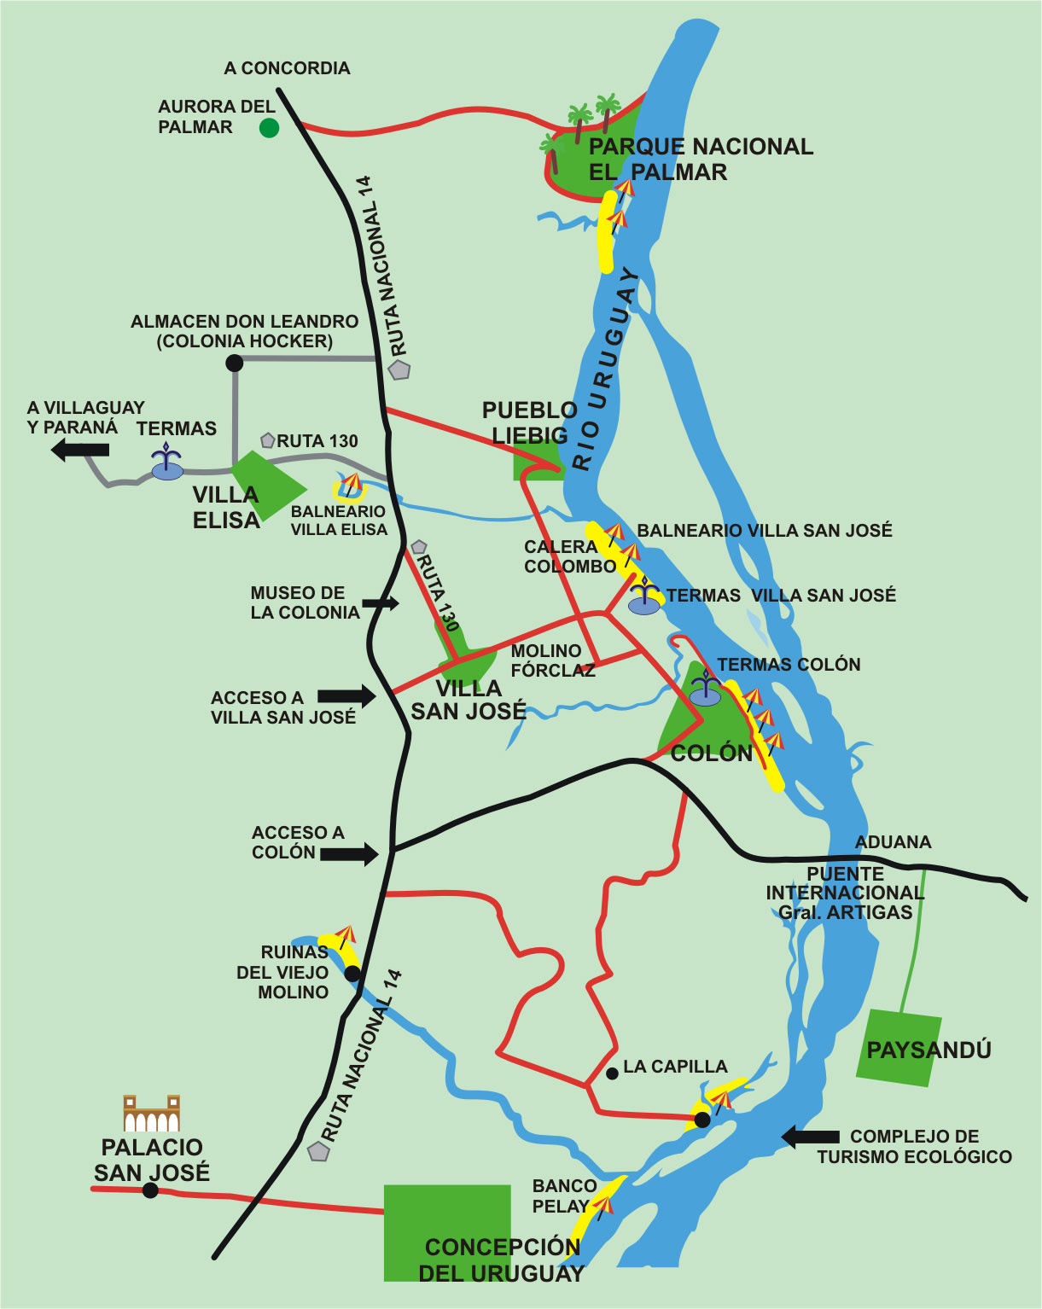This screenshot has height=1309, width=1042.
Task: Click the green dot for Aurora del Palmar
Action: coord(269,128)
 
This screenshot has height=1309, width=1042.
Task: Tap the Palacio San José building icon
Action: coord(151,1114)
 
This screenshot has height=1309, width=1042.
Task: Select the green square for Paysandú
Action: coord(899,1048)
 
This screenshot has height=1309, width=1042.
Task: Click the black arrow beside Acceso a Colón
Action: coord(350,852)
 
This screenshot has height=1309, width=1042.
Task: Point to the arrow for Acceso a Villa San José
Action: coord(346,696)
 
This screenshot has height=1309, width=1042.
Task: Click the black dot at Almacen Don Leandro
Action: coord(234,364)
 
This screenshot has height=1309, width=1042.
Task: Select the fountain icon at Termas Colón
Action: coord(705,690)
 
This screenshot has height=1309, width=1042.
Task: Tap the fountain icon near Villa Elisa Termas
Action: coord(167,463)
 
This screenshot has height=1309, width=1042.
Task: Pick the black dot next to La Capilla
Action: coord(612,1073)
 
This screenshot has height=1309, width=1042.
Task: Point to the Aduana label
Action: coord(893,842)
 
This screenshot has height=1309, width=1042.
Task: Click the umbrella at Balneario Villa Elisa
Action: coord(351,485)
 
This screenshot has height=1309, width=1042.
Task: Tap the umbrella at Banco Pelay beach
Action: coord(602,1205)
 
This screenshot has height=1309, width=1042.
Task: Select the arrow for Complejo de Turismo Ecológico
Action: coord(811,1136)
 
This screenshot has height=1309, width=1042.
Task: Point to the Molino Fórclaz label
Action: coord(552,660)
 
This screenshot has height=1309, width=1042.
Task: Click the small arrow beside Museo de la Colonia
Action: coord(381,603)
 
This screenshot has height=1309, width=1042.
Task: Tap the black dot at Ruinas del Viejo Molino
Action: coord(352,973)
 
